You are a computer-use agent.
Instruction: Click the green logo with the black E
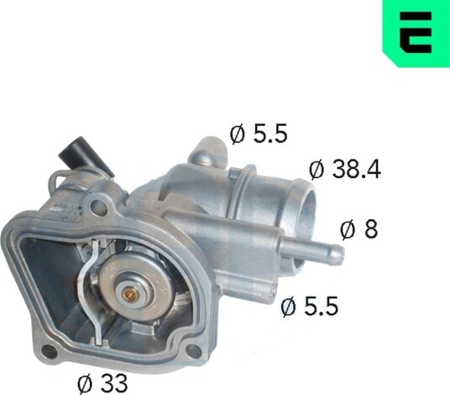pyautogui.click(x=416, y=33)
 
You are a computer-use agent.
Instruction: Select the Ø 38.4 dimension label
pyautogui.click(x=345, y=170)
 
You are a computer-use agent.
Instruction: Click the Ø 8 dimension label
pyautogui.click(x=359, y=229)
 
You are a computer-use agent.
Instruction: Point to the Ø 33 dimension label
pyautogui.click(x=102, y=383)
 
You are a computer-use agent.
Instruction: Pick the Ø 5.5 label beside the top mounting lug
pyautogui.click(x=259, y=134)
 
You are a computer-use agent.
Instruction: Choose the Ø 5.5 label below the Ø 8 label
pyautogui.click(x=310, y=306)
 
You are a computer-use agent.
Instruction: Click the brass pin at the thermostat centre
pyautogui.click(x=128, y=293)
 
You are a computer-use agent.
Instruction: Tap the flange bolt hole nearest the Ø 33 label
pyautogui.click(x=48, y=350)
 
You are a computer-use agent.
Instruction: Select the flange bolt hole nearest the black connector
pyautogui.click(x=98, y=207)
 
